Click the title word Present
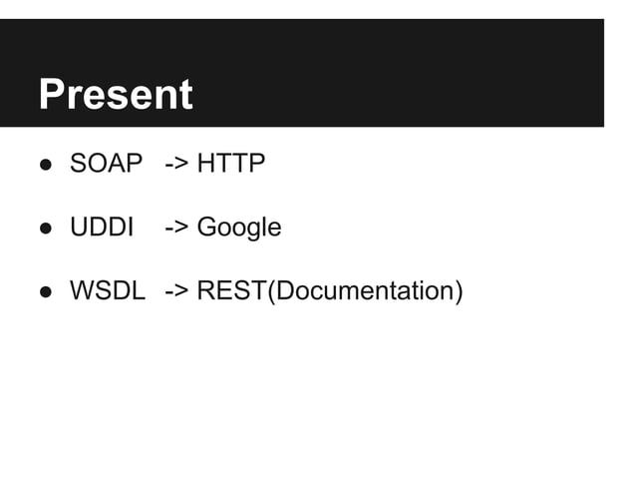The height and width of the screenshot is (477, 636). click(115, 95)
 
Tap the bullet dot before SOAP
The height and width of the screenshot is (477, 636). click(46, 165)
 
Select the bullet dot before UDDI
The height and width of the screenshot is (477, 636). click(46, 229)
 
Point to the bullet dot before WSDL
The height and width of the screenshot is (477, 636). click(46, 292)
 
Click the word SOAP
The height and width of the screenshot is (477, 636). click(107, 164)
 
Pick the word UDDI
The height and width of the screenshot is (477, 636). click(102, 228)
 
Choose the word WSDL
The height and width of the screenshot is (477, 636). click(107, 291)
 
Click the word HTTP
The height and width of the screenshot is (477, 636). click(231, 164)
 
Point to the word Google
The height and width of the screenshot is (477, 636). click(239, 229)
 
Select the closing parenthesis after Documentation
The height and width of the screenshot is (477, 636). click(459, 292)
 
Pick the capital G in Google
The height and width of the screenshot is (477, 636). click(206, 228)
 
